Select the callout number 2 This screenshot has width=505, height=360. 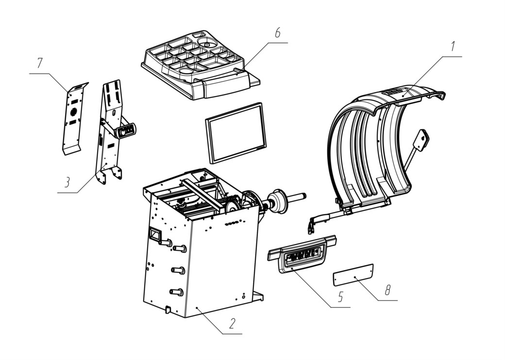coord(232,323)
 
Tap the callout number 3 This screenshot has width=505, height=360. coord(67,182)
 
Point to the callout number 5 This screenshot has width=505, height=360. coord(341,297)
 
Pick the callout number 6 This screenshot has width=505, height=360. coord(277,33)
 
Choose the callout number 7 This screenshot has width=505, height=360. coord(39,63)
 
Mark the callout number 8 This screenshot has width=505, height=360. coord(388,290)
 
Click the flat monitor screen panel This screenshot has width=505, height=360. coord(236,133)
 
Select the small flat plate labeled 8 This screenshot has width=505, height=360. coord(353,275)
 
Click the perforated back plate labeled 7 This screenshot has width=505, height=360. coord(75,118)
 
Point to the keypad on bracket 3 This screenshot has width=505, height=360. coord(126,131)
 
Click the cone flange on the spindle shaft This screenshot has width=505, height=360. coord(277,201)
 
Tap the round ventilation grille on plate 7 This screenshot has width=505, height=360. coord(74,112)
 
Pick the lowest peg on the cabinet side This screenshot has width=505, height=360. coord(176,292)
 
